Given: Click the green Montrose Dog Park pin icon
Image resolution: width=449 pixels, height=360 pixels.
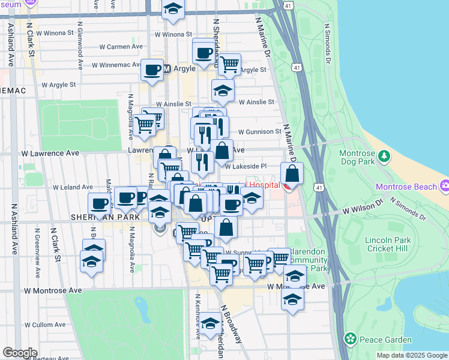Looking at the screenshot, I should tap(383, 157).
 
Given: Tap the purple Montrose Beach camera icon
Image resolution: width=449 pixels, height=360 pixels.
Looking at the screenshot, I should tap(444, 186).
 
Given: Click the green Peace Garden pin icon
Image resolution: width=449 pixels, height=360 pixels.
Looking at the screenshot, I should tap(351, 340).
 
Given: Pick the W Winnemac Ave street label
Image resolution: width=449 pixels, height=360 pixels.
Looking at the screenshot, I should tap(118, 65).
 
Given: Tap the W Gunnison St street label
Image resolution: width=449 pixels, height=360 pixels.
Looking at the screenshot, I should tap(259, 131).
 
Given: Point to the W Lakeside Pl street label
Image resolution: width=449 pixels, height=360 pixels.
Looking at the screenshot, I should tap(246, 166).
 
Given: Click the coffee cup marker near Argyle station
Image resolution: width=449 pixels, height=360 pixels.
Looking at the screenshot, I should tap(152, 70).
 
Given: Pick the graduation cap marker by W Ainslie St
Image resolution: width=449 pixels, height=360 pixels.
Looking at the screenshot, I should tap(223, 91).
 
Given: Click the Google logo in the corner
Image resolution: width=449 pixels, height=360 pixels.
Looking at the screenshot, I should tap(20, 353).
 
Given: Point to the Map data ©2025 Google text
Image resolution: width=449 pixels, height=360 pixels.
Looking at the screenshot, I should tap(411, 355).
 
